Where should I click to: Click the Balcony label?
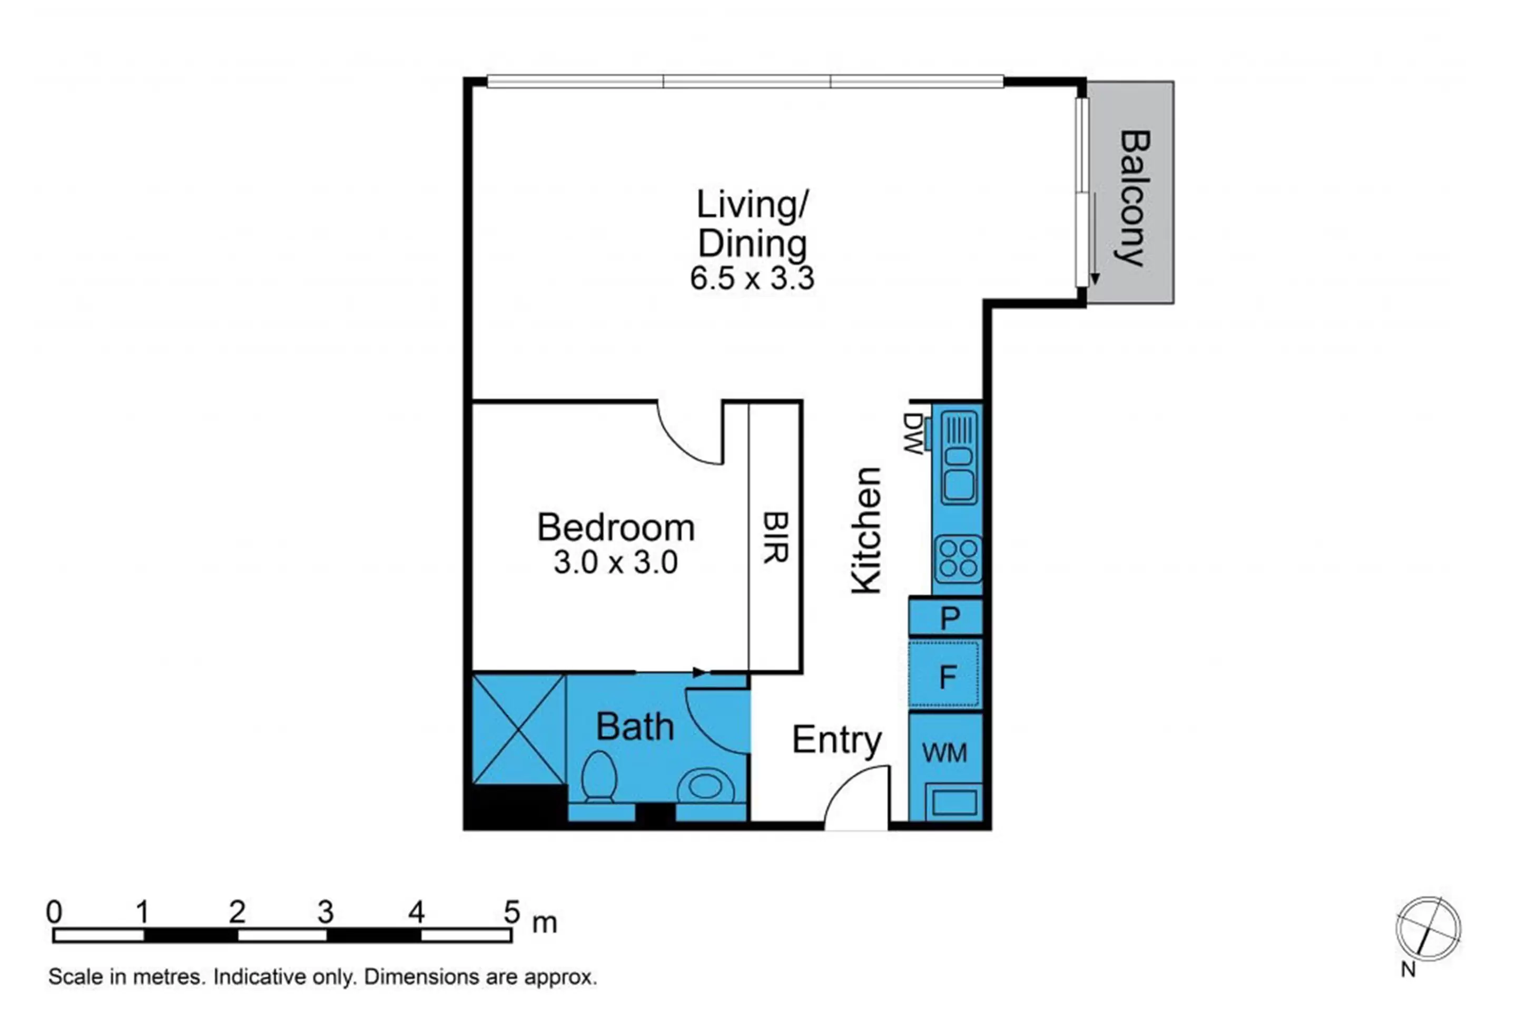click(1133, 199)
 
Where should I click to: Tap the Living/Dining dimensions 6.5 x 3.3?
click(752, 279)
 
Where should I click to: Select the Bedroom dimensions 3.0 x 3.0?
click(615, 562)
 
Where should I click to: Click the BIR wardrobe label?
click(776, 538)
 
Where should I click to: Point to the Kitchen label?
click(865, 531)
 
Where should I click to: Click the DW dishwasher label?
click(913, 434)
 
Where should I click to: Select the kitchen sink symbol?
click(959, 458)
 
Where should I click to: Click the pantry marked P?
click(945, 617)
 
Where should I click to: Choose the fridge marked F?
click(945, 676)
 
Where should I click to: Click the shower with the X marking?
click(519, 729)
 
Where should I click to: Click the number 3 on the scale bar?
click(326, 911)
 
